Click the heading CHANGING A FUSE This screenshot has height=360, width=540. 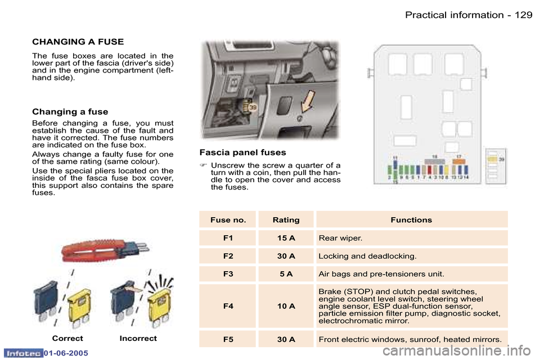point(78,42)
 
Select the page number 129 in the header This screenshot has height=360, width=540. point(523,15)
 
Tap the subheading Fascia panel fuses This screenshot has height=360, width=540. point(242,152)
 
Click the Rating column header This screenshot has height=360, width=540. point(286,220)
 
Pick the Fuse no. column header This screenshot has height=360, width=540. point(228,220)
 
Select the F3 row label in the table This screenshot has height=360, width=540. point(228,274)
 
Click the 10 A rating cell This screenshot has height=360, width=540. point(286,306)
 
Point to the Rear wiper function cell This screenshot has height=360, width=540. point(340,238)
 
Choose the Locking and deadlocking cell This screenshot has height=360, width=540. point(367,256)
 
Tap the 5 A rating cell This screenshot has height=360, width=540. point(286,274)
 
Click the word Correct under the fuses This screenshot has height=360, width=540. point(67,339)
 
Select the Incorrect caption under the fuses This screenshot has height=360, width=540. point(138,339)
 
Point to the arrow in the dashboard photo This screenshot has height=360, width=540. point(307,105)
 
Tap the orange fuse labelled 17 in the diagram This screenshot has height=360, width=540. point(459,161)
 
